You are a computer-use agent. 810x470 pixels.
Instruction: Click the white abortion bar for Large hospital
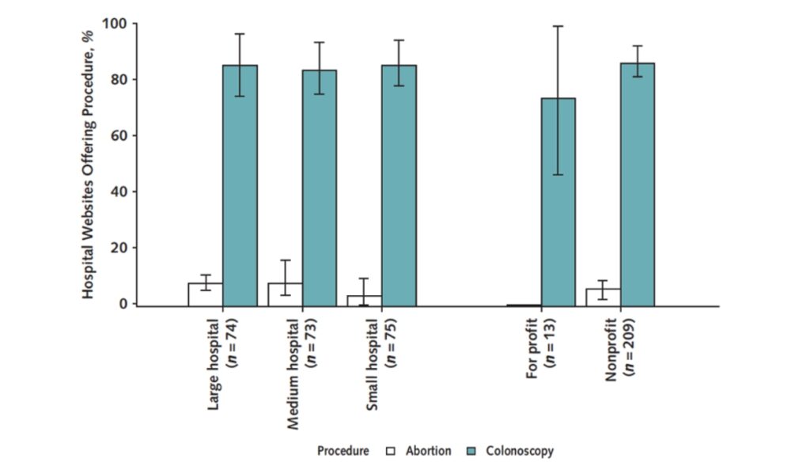click(x=205, y=294)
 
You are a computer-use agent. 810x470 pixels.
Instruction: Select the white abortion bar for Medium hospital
click(x=285, y=294)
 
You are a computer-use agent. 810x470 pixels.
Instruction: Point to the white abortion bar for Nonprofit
click(x=603, y=297)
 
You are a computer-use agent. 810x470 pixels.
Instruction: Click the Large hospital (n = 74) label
click(x=221, y=361)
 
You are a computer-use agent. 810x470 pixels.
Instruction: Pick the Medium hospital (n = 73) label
click(x=301, y=370)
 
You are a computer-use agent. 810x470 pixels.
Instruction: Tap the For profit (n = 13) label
click(x=540, y=348)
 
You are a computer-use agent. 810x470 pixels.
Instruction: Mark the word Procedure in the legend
click(x=343, y=451)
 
